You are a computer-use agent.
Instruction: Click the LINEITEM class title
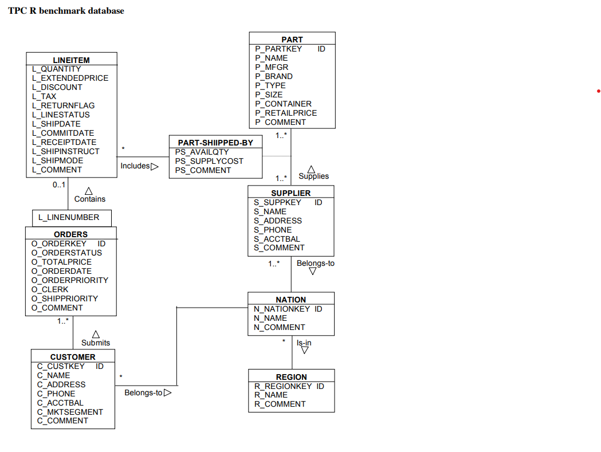pyautogui.click(x=71, y=60)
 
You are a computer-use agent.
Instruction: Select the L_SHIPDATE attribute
pyautogui.click(x=56, y=124)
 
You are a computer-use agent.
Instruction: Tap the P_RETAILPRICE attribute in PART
pyautogui.click(x=286, y=113)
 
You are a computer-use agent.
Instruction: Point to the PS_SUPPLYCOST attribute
pyautogui.click(x=209, y=161)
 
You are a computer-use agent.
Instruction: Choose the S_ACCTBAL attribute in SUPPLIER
pyautogui.click(x=277, y=239)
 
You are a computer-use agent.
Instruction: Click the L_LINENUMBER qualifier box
pyautogui.click(x=69, y=217)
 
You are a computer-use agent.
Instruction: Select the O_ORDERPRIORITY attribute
pyautogui.click(x=69, y=280)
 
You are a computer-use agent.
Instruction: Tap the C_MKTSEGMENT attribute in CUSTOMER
pyautogui.click(x=70, y=412)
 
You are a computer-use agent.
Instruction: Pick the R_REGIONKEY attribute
pyautogui.click(x=283, y=386)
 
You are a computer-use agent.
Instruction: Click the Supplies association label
pyautogui.click(x=313, y=176)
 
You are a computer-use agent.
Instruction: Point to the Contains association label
pyautogui.click(x=90, y=199)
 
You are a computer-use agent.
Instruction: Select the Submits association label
pyautogui.click(x=96, y=343)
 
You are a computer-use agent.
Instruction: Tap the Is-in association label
pyautogui.click(x=304, y=343)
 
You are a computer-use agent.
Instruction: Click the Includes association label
pyautogui.click(x=135, y=166)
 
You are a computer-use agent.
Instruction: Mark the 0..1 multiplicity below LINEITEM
pyautogui.click(x=59, y=184)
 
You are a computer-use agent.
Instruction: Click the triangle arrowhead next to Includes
pyautogui.click(x=155, y=166)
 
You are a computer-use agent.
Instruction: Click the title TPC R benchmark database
pyautogui.click(x=66, y=11)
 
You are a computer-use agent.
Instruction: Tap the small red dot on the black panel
pyautogui.click(x=598, y=91)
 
